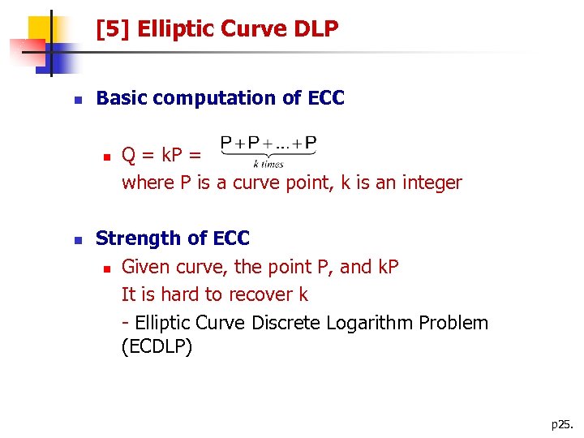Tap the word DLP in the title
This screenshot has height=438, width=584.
tap(311, 30)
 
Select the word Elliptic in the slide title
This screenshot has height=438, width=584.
tap(173, 30)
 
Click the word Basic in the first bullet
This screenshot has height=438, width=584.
tap(122, 98)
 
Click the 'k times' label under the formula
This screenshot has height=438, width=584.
tap(268, 164)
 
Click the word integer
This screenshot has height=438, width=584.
tap(429, 182)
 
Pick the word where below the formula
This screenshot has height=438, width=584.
tap(146, 182)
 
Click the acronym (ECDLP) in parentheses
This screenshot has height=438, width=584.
tap(157, 350)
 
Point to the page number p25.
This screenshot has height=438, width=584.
tap(560, 424)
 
